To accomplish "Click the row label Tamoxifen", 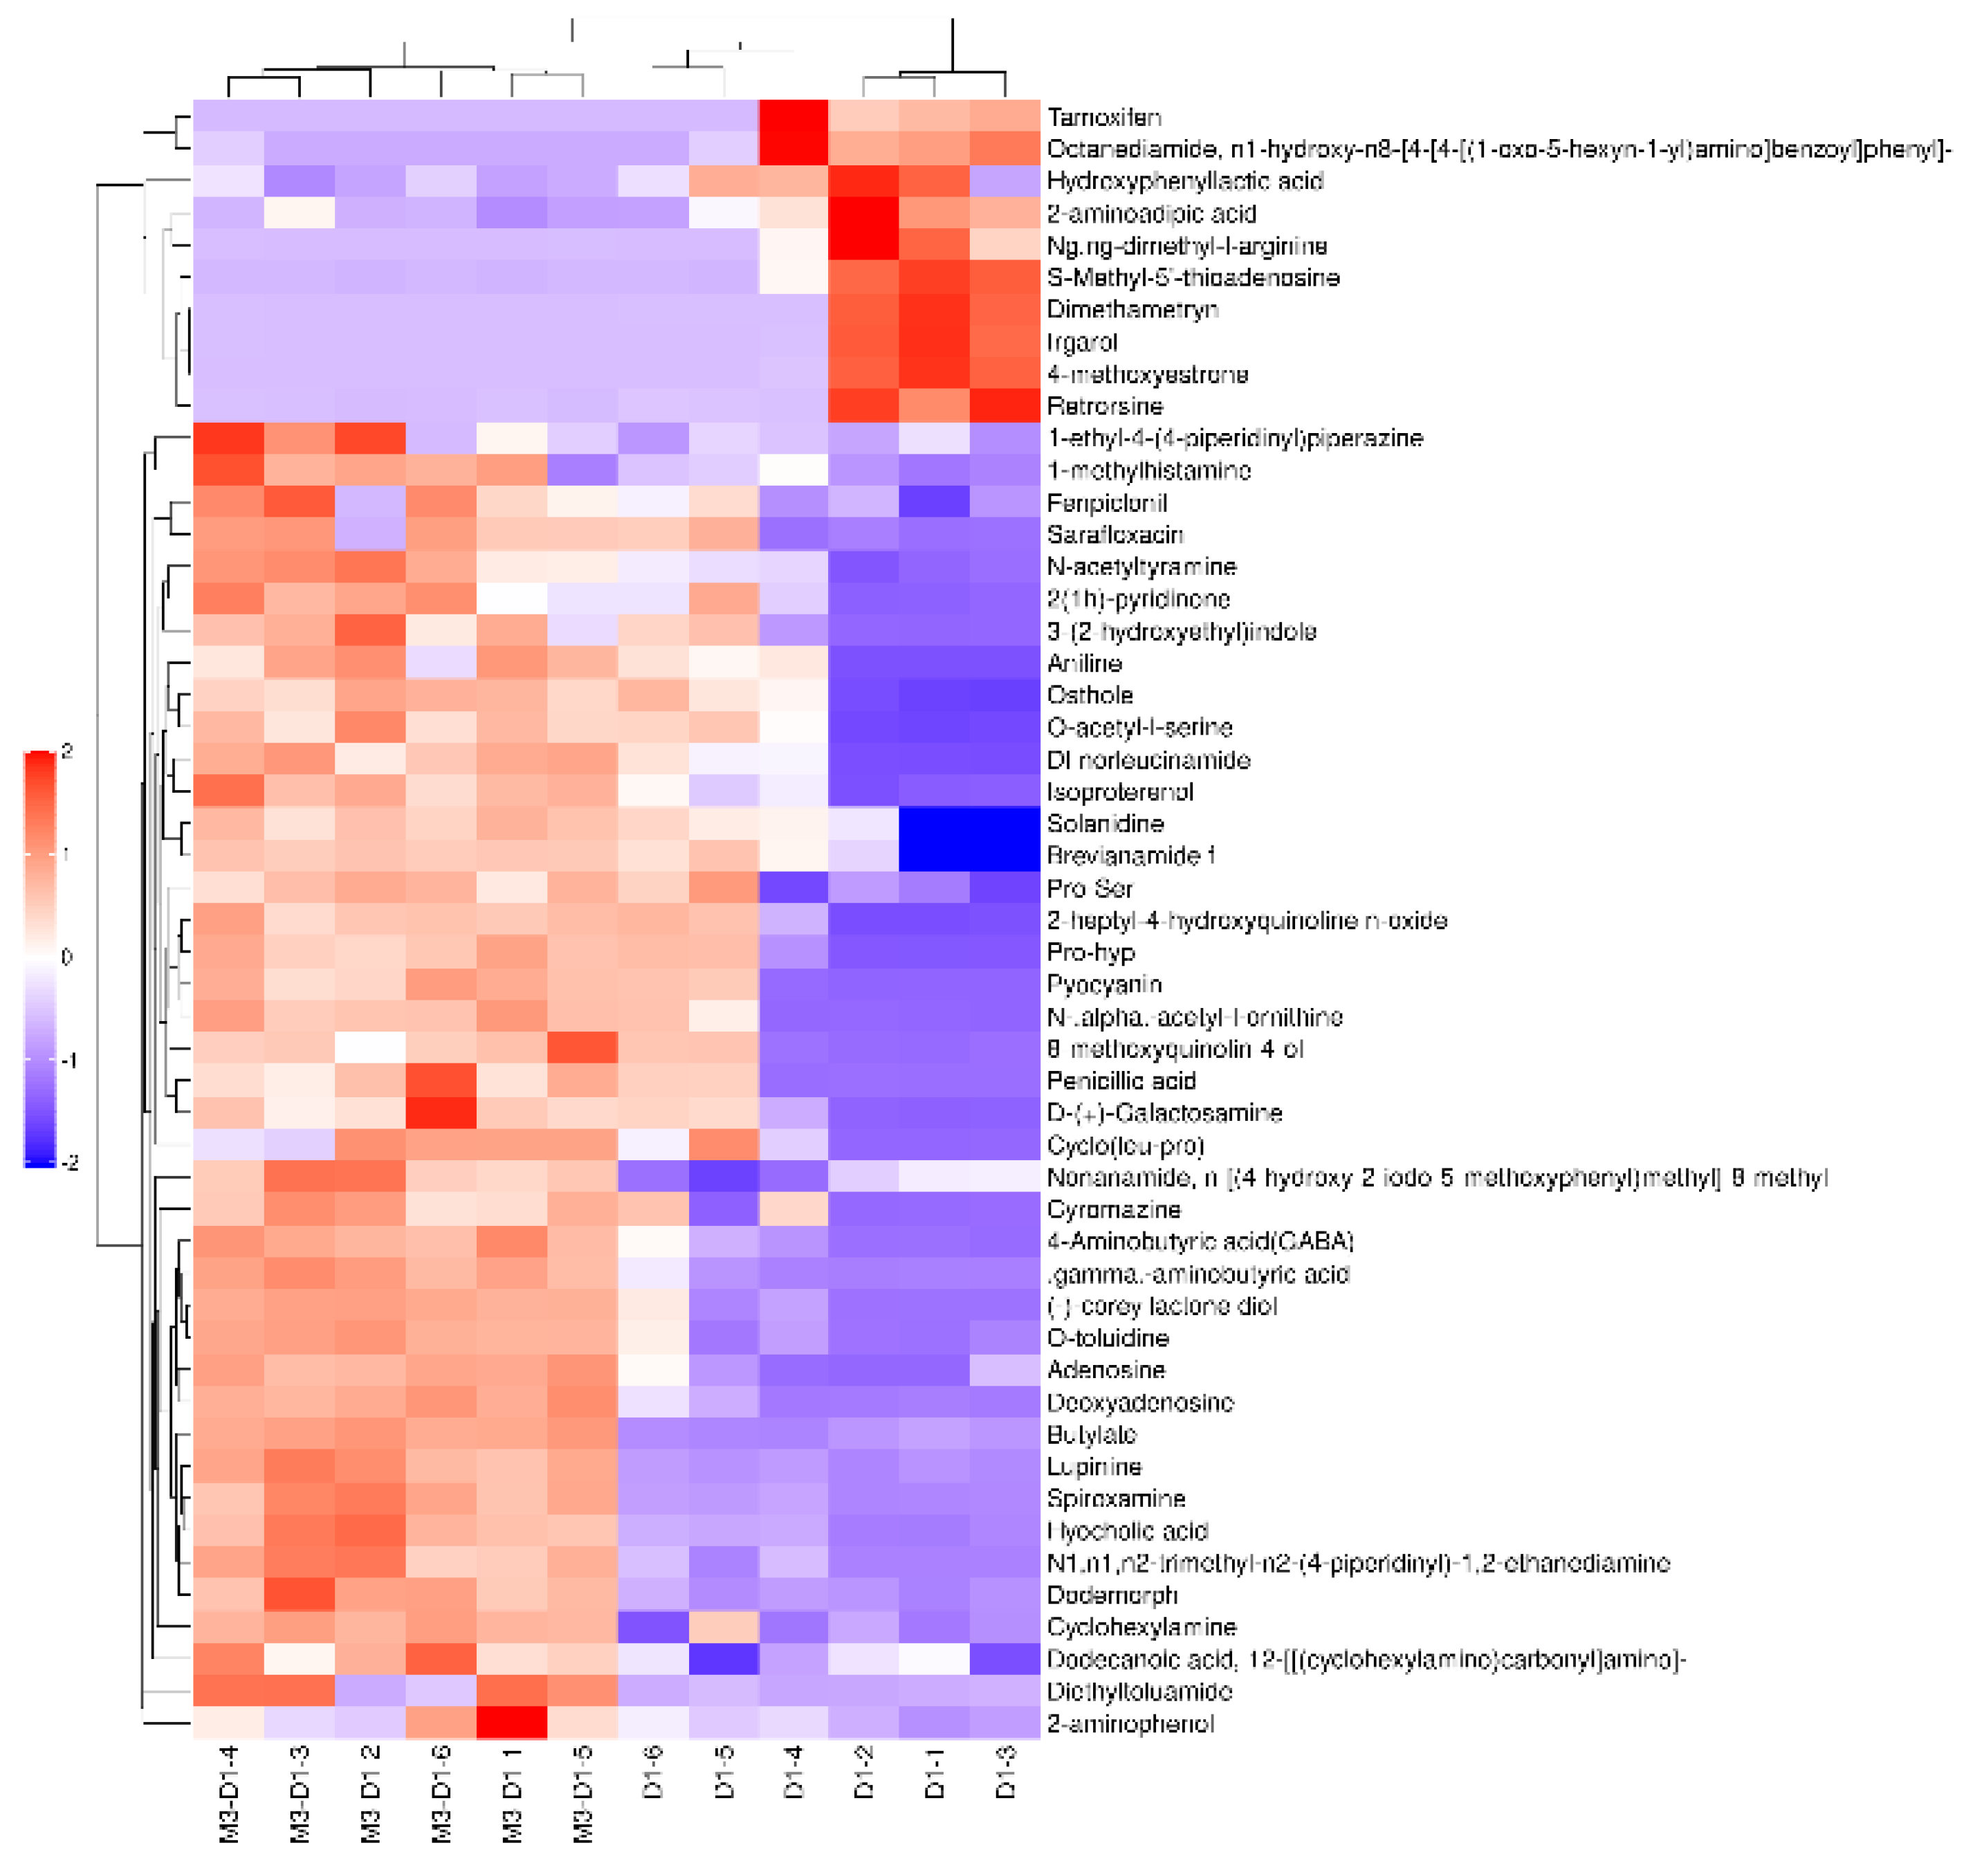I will pos(1103,118).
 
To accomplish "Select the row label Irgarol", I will pos(1082,343).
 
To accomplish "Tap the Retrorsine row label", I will pos(1105,407).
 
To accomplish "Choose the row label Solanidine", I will pos(1105,825).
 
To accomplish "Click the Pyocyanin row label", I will pos(1103,985).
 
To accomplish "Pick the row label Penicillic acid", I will pos(1121,1081).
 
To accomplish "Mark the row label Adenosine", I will pos(1105,1371).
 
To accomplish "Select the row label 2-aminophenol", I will pos(1130,1723).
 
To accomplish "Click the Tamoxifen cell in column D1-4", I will pos(793,117).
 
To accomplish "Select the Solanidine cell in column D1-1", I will pos(934,825).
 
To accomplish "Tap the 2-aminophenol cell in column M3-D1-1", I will pos(511,1723).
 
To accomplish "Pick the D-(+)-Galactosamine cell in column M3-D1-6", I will pos(441,1113).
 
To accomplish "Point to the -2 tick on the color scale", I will pos(68,1163).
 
